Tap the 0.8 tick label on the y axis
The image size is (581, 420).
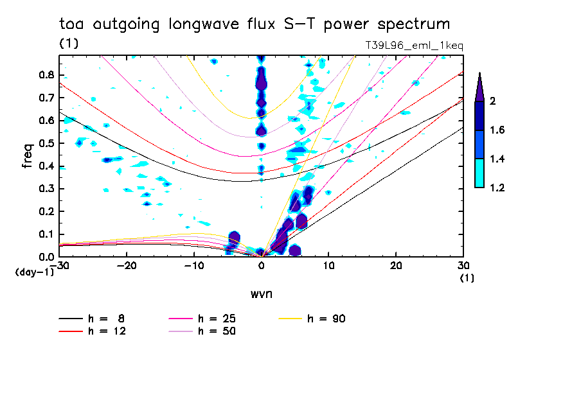pyautogui.click(x=45, y=74)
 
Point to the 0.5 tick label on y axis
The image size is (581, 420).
pyautogui.click(x=45, y=143)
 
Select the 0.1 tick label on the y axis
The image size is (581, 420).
pyautogui.click(x=45, y=234)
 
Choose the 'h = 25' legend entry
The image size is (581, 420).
pyautogui.click(x=217, y=319)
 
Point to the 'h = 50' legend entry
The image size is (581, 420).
pyautogui.click(x=217, y=331)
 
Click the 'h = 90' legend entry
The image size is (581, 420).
pyautogui.click(x=327, y=319)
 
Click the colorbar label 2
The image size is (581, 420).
pyautogui.click(x=492, y=101)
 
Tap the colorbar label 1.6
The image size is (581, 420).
pyautogui.click(x=496, y=130)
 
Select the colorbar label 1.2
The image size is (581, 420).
pyautogui.click(x=496, y=188)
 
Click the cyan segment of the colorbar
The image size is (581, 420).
pyautogui.click(x=479, y=173)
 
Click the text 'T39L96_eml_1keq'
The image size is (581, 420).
pyautogui.click(x=413, y=46)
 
